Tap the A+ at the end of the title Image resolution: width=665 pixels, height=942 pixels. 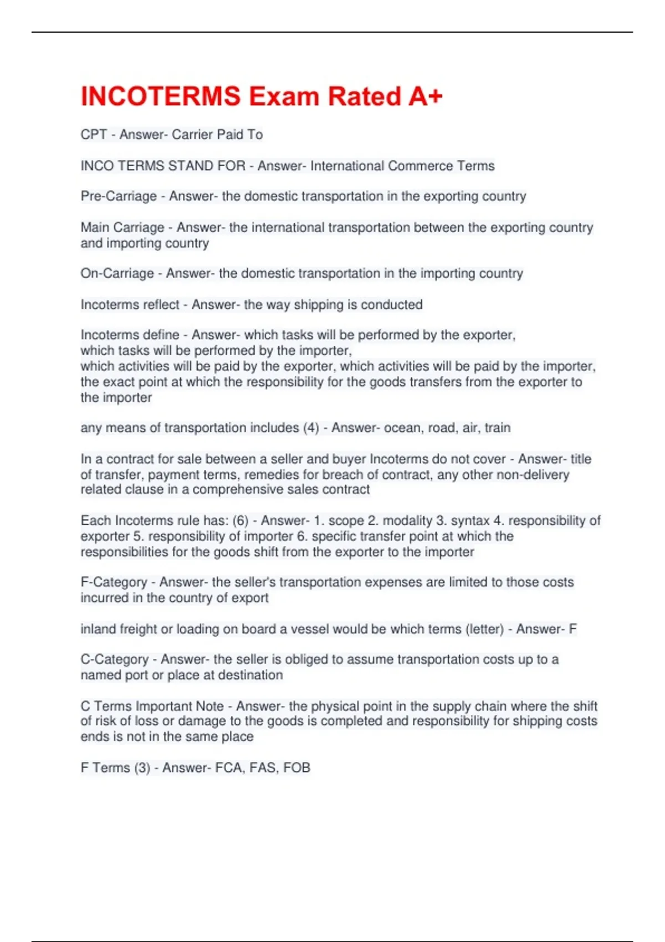click(x=426, y=96)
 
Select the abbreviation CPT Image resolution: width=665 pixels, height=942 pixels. click(x=93, y=135)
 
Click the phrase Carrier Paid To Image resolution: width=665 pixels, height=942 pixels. click(x=217, y=135)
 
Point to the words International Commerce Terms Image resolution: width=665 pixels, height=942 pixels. click(x=402, y=166)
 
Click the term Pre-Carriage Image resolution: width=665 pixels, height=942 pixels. click(x=119, y=196)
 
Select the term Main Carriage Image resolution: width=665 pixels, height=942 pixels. click(x=122, y=227)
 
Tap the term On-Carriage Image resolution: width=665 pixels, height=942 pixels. click(x=117, y=273)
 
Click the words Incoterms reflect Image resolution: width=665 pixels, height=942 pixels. click(x=130, y=304)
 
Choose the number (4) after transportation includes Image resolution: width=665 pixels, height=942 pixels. click(x=311, y=428)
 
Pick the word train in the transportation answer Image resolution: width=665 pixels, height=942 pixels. click(x=498, y=428)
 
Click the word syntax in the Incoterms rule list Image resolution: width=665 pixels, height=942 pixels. click(x=470, y=521)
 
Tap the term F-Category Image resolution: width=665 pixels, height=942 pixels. click(x=114, y=582)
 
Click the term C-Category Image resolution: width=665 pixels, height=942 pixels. click(x=114, y=659)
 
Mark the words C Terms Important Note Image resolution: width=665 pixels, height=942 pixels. click(x=152, y=706)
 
